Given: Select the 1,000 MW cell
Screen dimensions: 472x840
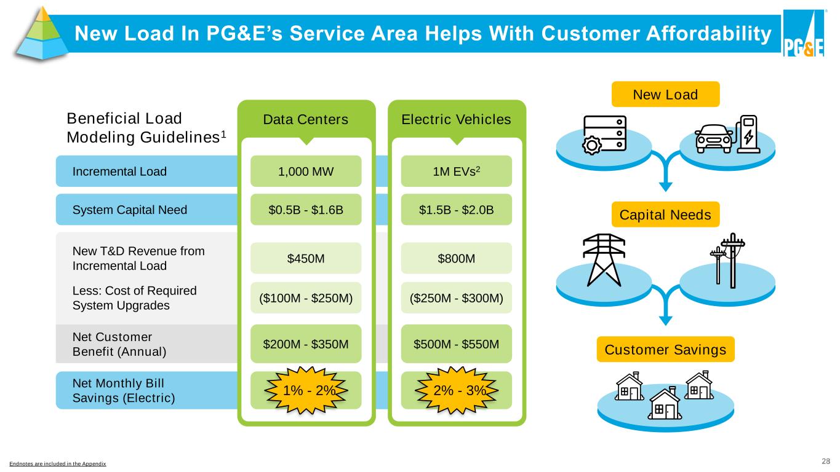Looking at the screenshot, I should point(306,171).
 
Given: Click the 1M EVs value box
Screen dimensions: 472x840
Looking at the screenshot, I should point(456,171).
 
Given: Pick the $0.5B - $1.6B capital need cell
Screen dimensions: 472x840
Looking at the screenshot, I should point(306,210).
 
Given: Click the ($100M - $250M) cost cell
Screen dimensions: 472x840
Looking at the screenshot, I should point(306,298).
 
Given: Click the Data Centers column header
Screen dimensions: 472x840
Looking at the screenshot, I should point(306,119).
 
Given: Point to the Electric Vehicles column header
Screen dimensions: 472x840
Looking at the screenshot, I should point(456,119).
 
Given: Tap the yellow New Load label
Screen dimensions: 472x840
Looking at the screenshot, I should point(665,94).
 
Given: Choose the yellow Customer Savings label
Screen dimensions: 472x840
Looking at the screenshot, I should point(665,350).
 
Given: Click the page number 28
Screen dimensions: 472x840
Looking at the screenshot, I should point(826,461).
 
